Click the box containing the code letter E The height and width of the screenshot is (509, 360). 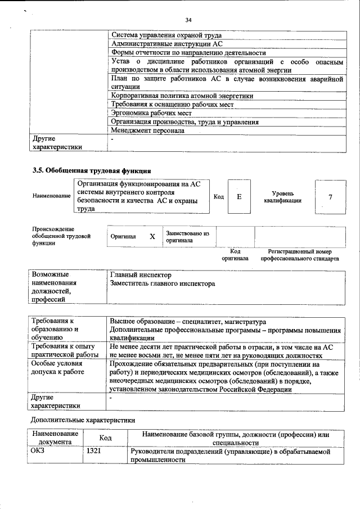click(239, 197)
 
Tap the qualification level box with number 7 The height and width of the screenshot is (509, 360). click(330, 197)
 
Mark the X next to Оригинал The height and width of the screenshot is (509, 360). click(152, 237)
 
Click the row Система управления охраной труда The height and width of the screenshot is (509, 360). click(166, 35)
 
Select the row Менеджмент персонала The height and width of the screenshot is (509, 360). click(147, 130)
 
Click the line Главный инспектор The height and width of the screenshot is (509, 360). click(141, 275)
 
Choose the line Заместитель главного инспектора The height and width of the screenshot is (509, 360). click(163, 284)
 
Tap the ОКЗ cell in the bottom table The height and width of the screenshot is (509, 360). click(38, 451)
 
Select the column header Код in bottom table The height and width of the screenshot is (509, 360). click(105, 438)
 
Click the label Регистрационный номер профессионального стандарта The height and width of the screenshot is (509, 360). click(299, 255)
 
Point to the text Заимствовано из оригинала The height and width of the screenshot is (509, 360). click(187, 236)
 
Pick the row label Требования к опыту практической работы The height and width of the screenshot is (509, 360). click(65, 352)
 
